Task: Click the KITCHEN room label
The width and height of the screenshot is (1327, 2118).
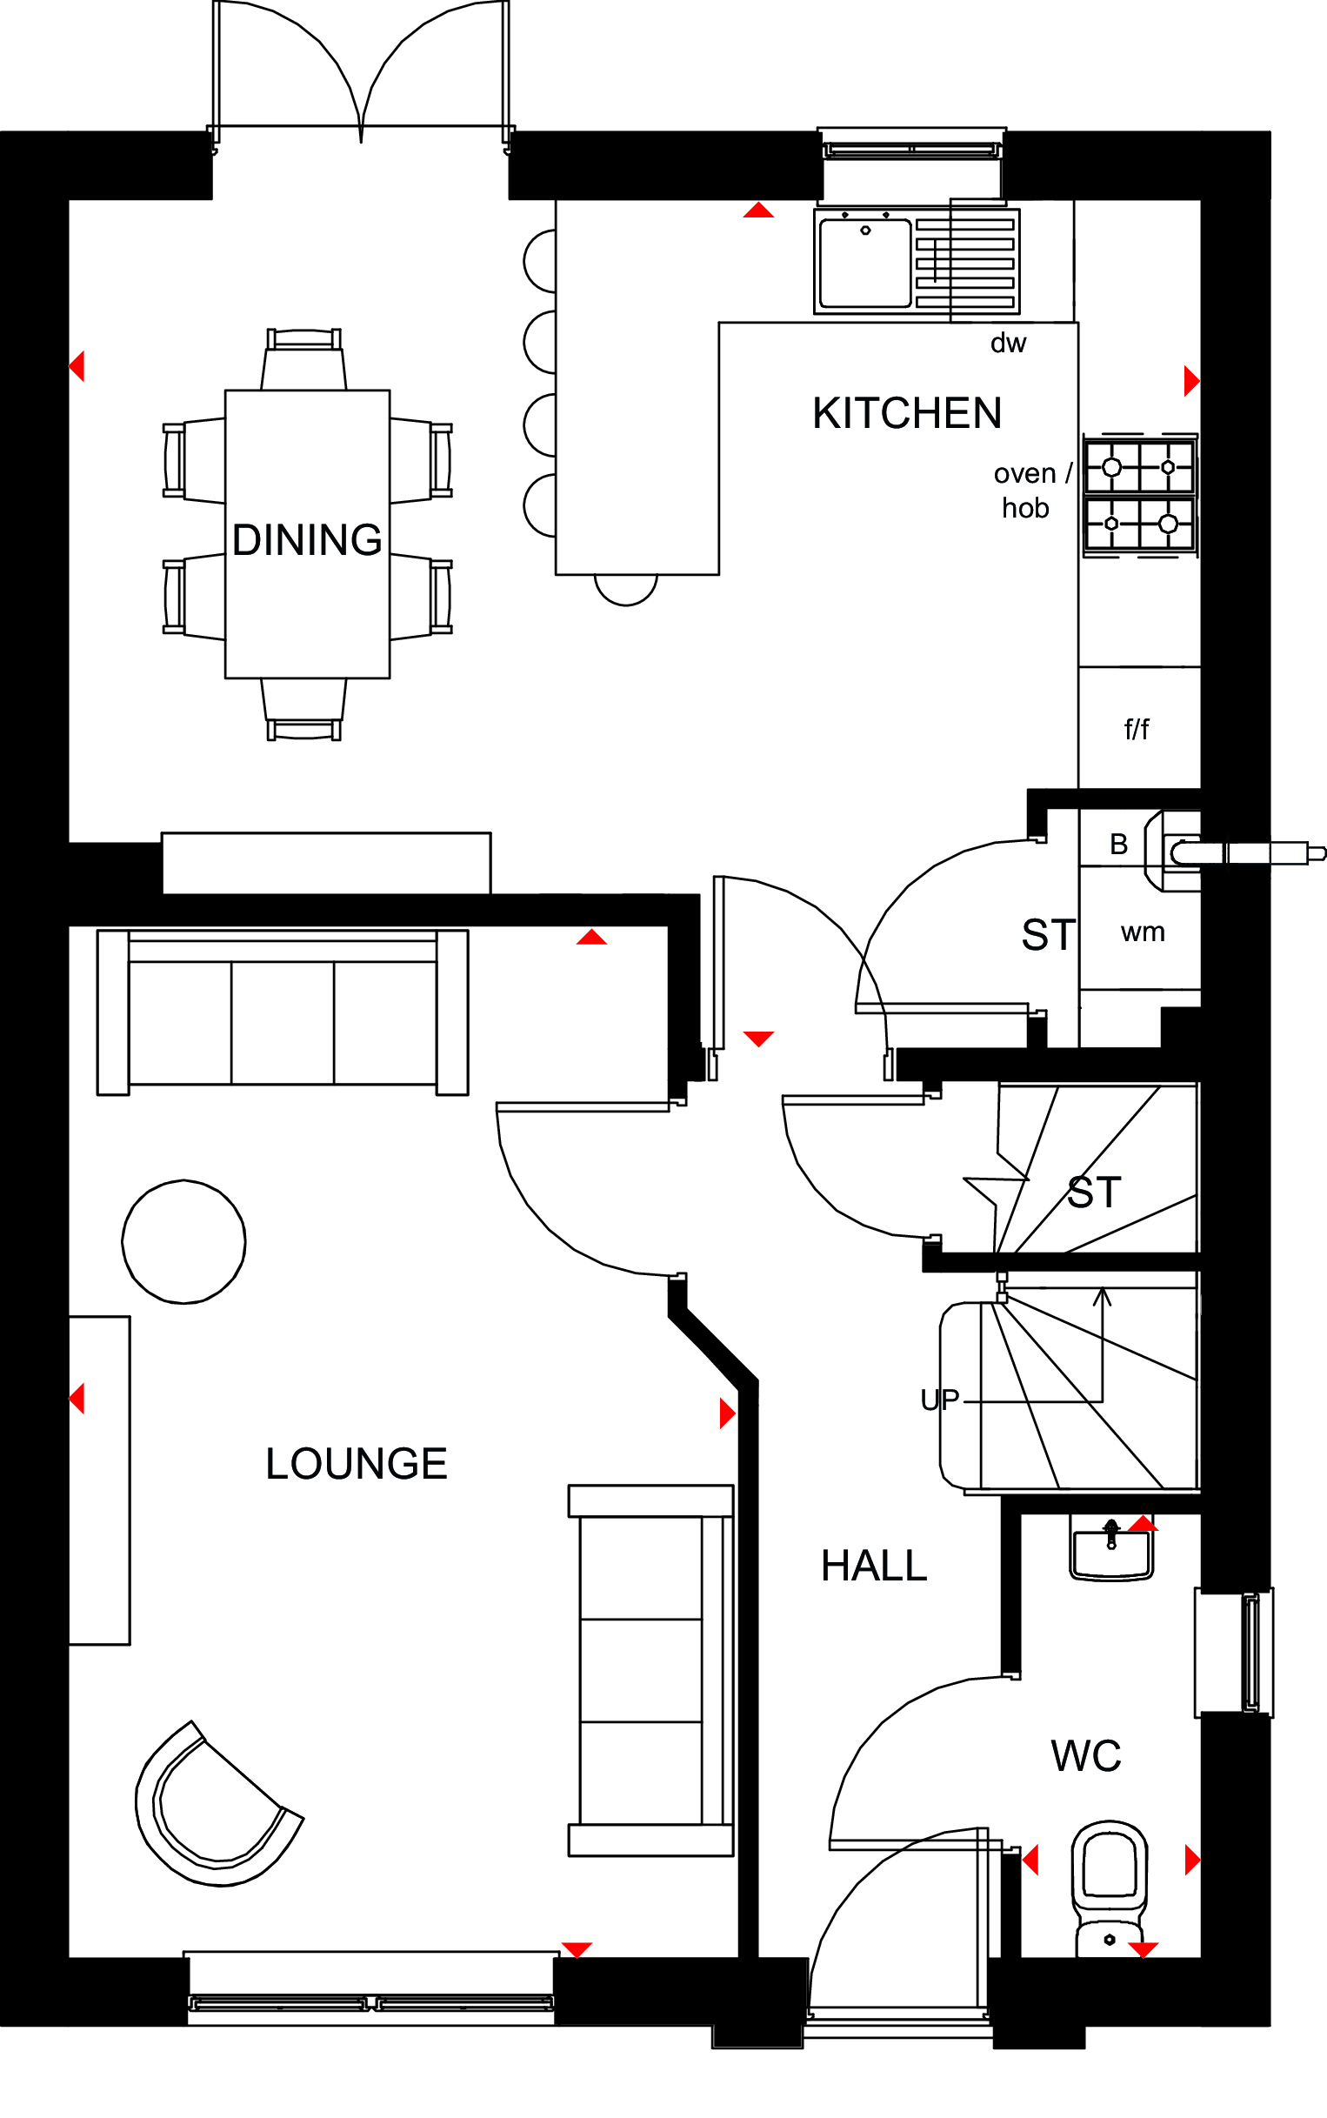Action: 907,413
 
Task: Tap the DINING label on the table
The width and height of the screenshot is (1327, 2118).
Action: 307,540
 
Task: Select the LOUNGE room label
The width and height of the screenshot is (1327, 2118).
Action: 357,1464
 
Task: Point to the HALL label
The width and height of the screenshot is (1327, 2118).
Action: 874,1566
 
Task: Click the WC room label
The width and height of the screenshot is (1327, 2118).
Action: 1085,1756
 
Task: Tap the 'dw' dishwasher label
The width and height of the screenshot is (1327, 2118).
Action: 1009,344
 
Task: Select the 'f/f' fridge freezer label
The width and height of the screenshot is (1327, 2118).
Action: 1137,729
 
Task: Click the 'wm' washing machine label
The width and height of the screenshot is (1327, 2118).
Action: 1143,932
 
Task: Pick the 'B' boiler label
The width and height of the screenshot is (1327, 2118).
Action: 1118,845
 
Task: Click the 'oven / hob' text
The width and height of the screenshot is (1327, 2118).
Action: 1032,491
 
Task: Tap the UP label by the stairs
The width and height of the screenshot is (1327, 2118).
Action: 940,1400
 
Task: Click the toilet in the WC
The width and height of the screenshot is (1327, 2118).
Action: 1110,1888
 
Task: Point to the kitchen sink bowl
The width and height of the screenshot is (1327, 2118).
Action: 864,263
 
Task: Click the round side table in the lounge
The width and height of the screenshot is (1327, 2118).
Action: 183,1241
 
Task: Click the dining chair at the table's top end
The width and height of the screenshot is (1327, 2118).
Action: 303,359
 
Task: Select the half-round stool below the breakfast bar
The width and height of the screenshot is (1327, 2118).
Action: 626,589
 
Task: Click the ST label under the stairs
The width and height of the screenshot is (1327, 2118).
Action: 1095,1193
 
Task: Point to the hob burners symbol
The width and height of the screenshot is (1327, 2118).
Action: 1140,495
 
